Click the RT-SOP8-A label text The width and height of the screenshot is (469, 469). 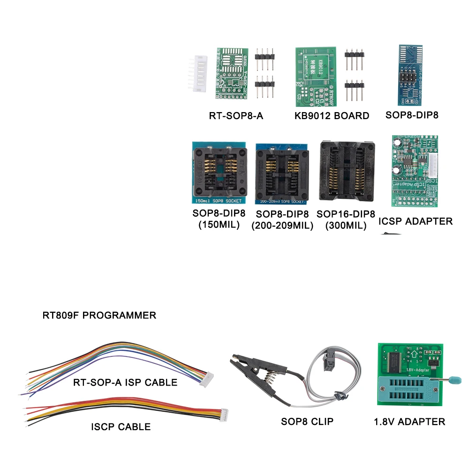(x=236, y=115)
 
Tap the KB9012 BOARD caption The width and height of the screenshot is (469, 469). (x=332, y=115)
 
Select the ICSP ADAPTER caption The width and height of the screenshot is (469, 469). (x=416, y=221)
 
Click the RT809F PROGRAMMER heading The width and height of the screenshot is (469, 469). (x=99, y=315)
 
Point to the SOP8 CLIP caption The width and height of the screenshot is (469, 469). (x=307, y=422)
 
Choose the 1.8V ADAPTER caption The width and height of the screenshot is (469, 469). (x=409, y=422)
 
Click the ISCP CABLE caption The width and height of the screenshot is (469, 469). (x=121, y=427)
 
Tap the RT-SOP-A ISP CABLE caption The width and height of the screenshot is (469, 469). (x=125, y=382)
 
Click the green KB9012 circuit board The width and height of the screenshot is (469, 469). (x=316, y=76)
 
